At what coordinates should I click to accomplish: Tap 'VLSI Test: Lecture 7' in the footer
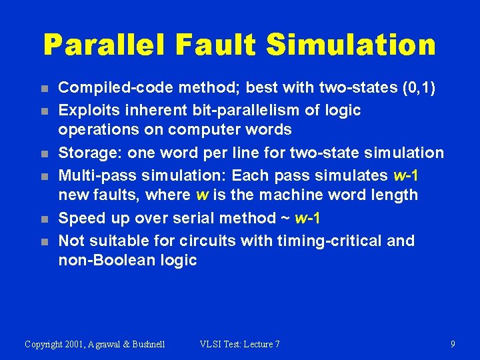pyautogui.click(x=239, y=344)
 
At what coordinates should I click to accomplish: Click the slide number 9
pyautogui.click(x=453, y=344)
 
